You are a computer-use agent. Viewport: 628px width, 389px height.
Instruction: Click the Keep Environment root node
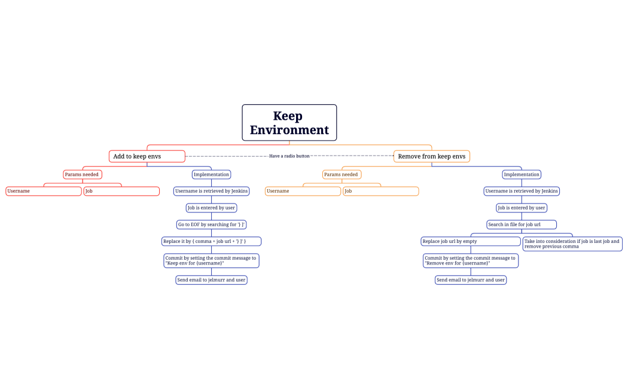click(289, 123)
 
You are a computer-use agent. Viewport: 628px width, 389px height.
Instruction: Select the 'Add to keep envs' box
click(147, 156)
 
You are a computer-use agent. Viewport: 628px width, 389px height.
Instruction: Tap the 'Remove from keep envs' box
click(431, 156)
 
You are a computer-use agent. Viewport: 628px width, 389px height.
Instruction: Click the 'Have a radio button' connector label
click(289, 156)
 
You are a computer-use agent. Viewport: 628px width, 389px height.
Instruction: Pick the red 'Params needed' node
click(82, 174)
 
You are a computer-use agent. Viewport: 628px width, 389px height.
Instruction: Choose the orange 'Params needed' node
click(342, 174)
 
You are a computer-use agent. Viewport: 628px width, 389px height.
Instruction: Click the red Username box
click(44, 191)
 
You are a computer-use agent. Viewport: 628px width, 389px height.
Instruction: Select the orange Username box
click(303, 191)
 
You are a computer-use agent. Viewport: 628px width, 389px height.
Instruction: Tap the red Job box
click(121, 191)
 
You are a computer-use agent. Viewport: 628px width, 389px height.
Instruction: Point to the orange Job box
click(380, 191)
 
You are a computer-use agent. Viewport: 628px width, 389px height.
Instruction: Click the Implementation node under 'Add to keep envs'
click(211, 174)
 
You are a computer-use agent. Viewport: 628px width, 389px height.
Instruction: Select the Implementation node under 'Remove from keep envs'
click(522, 174)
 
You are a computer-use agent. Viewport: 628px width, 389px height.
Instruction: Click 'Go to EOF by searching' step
click(211, 224)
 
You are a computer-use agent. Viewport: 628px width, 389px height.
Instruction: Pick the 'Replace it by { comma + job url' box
click(211, 241)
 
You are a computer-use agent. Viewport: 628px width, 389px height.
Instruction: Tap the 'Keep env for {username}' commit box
click(211, 260)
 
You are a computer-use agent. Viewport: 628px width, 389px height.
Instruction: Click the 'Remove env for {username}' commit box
click(470, 260)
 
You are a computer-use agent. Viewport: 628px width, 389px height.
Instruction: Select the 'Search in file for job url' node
click(522, 224)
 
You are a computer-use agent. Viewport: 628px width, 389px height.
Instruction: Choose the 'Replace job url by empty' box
click(470, 241)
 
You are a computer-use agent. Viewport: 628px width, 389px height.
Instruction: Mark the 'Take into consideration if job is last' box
click(572, 244)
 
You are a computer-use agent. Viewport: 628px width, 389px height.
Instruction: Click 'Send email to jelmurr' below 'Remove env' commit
click(470, 279)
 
